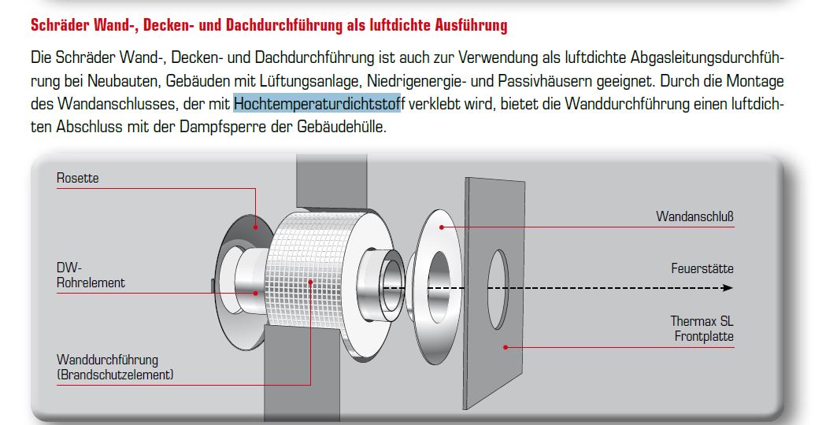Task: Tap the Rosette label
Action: [77, 178]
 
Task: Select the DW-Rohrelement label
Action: [91, 275]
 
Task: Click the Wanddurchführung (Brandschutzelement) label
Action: [115, 367]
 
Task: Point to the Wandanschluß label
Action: [695, 216]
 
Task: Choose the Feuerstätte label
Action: [702, 268]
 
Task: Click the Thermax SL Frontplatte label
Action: [702, 328]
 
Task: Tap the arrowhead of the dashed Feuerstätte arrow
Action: [728, 288]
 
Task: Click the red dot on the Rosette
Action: [255, 227]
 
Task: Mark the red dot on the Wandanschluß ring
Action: [442, 227]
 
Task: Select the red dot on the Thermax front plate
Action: [506, 347]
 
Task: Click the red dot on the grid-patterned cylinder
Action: [311, 283]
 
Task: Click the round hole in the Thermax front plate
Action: [498, 290]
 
